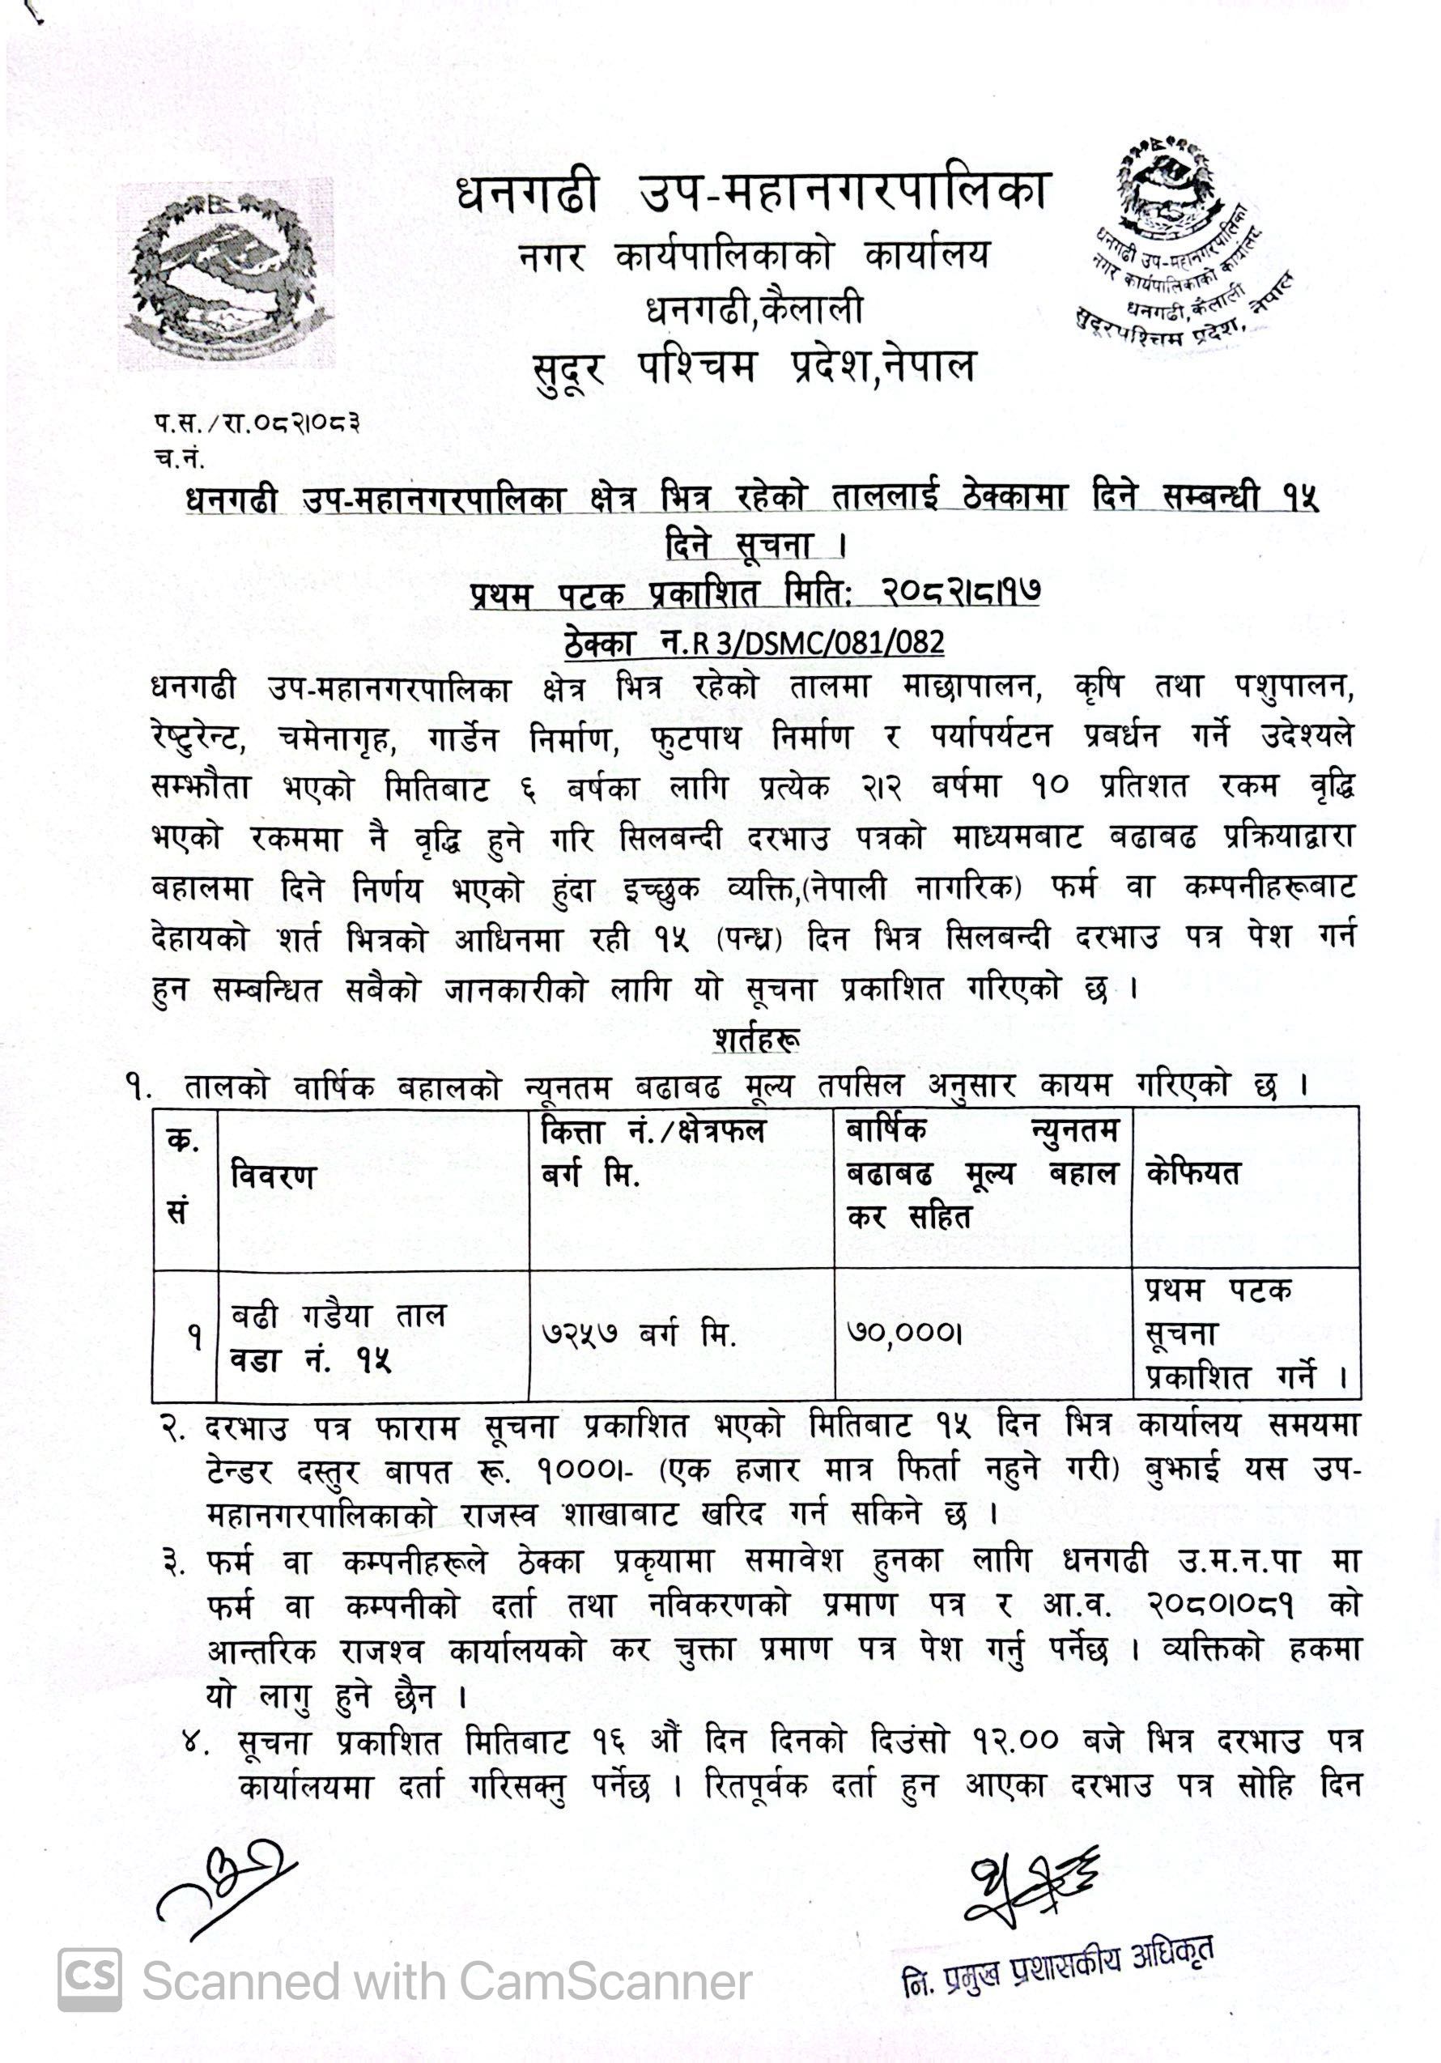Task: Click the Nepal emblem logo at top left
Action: (224, 272)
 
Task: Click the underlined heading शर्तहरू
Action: (756, 1040)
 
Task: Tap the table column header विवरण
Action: (273, 1176)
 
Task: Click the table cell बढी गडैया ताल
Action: (338, 1316)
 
